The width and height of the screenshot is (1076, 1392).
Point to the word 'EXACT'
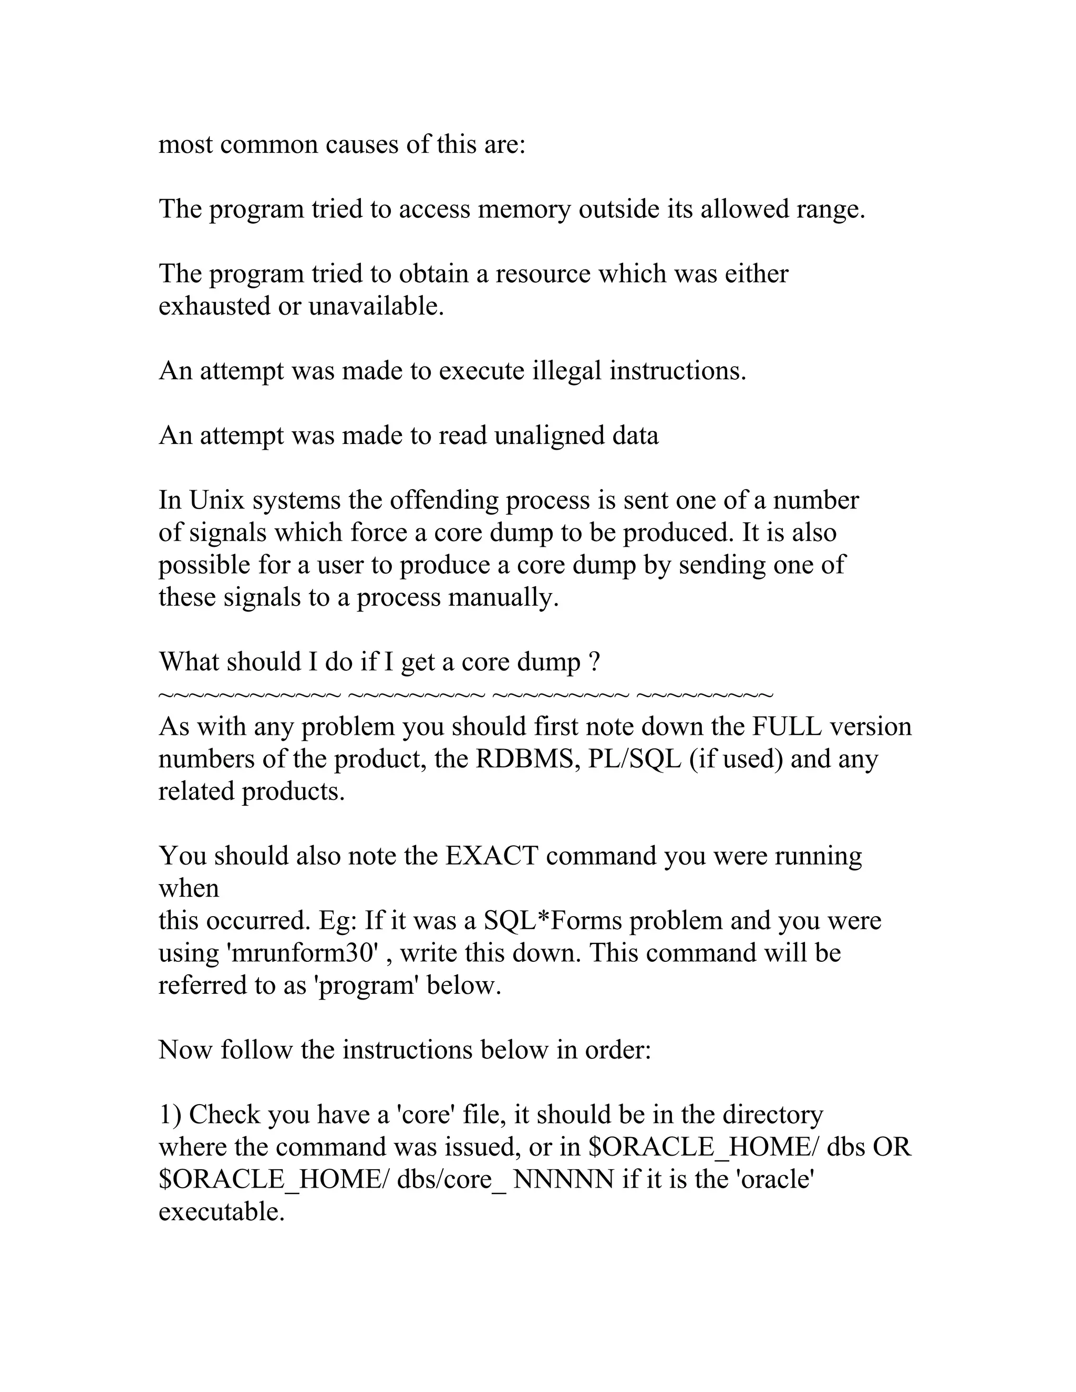[x=491, y=856]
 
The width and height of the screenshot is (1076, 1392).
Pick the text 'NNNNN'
[x=564, y=1180]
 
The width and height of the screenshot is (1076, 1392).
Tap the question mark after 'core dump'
[x=594, y=663]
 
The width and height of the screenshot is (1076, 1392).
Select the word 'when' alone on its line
[x=189, y=888]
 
